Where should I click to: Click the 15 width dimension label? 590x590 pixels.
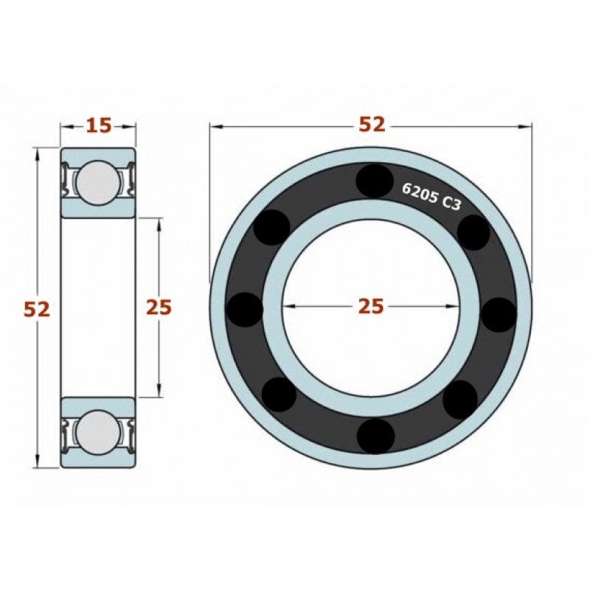(x=100, y=125)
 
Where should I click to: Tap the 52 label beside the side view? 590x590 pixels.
(x=36, y=310)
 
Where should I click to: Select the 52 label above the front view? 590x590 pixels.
(x=372, y=125)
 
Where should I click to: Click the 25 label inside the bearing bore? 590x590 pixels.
(x=371, y=306)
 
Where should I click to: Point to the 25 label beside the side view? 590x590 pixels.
(x=159, y=307)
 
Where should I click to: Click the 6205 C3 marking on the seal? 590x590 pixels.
(x=431, y=196)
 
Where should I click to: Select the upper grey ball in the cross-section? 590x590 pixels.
(x=98, y=182)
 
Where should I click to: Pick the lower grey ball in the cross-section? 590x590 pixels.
(x=98, y=431)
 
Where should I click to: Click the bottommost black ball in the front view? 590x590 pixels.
(x=375, y=436)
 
